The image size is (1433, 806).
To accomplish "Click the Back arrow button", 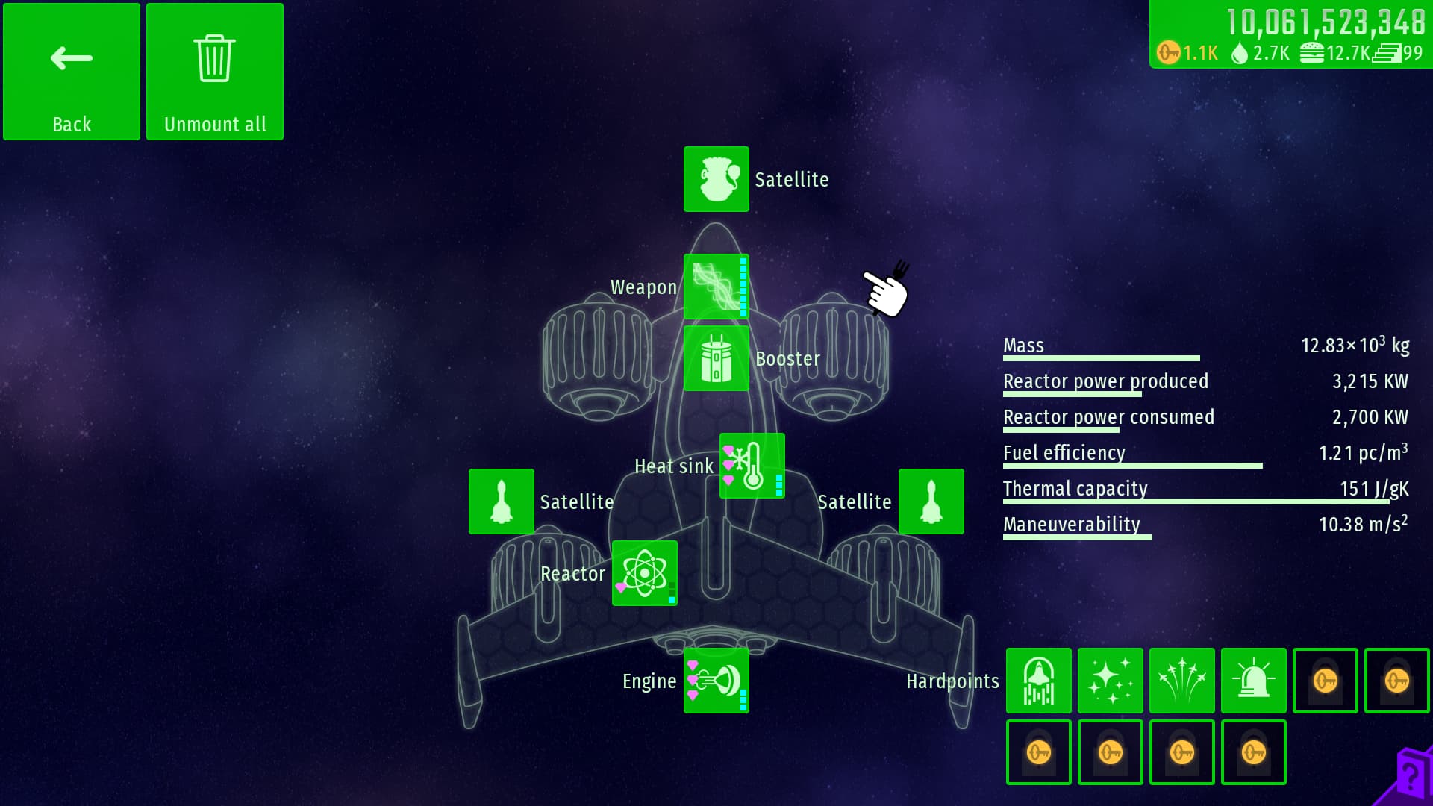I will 72,72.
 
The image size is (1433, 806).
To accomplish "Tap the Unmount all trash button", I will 215,72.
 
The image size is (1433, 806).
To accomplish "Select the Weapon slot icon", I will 716,287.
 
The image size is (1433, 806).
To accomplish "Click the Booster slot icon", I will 716,358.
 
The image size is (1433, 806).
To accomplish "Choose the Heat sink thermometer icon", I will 752,466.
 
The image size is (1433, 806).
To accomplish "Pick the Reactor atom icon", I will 644,573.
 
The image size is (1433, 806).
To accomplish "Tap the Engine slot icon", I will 716,681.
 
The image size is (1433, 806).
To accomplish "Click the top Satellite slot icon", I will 716,179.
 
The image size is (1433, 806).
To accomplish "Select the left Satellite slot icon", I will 501,502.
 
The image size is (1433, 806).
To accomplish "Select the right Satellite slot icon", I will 931,502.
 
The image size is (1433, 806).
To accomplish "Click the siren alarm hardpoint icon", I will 1253,681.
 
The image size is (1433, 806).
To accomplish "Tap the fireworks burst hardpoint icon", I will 1181,681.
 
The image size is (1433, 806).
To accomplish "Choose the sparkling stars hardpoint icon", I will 1110,681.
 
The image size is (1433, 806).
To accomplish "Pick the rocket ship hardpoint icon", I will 1038,681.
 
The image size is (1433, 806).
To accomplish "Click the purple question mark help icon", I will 1410,776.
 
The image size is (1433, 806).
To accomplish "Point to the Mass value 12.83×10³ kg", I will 1355,346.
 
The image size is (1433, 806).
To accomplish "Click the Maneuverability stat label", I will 1071,525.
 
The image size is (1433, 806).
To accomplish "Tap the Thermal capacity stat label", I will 1075,489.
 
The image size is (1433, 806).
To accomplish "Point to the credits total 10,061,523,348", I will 1326,22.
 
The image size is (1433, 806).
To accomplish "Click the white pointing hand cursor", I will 887,291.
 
